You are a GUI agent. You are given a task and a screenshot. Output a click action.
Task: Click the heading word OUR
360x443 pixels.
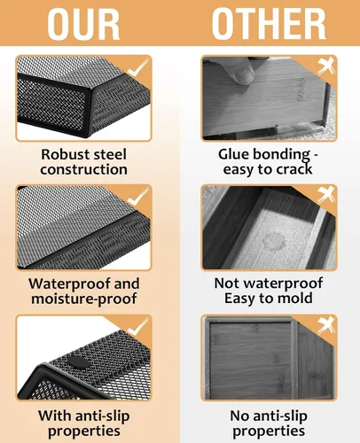pyautogui.click(x=83, y=24)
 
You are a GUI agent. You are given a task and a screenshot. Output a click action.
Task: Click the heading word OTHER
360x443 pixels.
pyautogui.click(x=269, y=24)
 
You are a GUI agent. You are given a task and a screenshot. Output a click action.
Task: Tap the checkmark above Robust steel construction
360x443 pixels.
pyautogui.click(x=138, y=67)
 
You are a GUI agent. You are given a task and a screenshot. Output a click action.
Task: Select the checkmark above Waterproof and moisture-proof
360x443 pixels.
pyautogui.click(x=138, y=197)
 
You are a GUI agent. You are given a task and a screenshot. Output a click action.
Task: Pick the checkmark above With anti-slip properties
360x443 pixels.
pyautogui.click(x=138, y=327)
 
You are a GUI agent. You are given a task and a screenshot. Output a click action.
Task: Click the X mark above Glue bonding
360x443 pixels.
pyautogui.click(x=326, y=66)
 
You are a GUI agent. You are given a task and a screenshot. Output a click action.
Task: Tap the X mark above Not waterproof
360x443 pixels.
pyautogui.click(x=326, y=195)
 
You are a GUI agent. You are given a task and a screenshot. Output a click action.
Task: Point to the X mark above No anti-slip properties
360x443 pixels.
pyautogui.click(x=326, y=326)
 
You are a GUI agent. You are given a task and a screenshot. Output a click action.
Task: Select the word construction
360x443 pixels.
pyautogui.click(x=84, y=170)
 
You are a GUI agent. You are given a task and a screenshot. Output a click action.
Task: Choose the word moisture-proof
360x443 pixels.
pyautogui.click(x=84, y=299)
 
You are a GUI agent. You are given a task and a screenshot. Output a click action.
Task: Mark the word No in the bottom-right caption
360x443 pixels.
pyautogui.click(x=239, y=416)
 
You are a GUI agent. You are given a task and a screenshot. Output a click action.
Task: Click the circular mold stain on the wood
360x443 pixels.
pyautogui.click(x=274, y=241)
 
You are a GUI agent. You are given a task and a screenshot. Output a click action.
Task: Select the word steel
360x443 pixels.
pyautogui.click(x=110, y=154)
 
